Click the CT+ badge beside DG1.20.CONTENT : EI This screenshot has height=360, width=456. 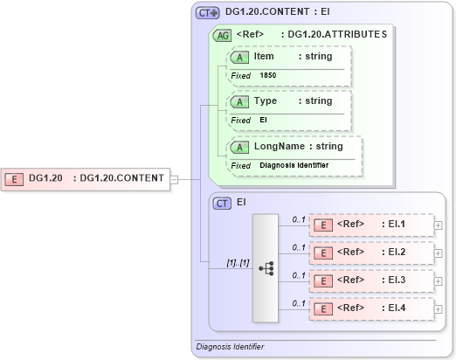point(207,13)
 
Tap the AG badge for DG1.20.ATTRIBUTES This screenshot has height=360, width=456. point(223,36)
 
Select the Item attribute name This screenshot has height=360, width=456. point(264,56)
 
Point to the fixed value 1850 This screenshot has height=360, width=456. point(267,75)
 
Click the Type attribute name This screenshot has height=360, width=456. point(266,100)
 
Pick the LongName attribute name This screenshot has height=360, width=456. point(277,146)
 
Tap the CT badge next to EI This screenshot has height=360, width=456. point(222,203)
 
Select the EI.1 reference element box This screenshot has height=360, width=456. point(371,225)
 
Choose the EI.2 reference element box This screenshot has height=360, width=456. point(371,253)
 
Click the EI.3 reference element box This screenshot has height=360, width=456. point(371,280)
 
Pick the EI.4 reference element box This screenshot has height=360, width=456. point(371,308)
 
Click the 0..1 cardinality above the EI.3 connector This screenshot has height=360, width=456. point(298,274)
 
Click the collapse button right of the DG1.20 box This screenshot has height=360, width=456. point(175,179)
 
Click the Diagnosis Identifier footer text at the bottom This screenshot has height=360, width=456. point(230,347)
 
